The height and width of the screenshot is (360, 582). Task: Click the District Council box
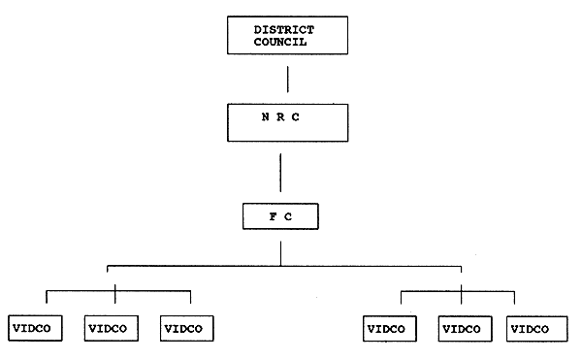[x=284, y=36]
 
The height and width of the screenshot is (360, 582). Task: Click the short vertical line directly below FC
[x=280, y=250]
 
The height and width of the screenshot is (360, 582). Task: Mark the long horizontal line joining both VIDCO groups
[x=281, y=264]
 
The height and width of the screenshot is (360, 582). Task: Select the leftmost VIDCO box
[x=35, y=328]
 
